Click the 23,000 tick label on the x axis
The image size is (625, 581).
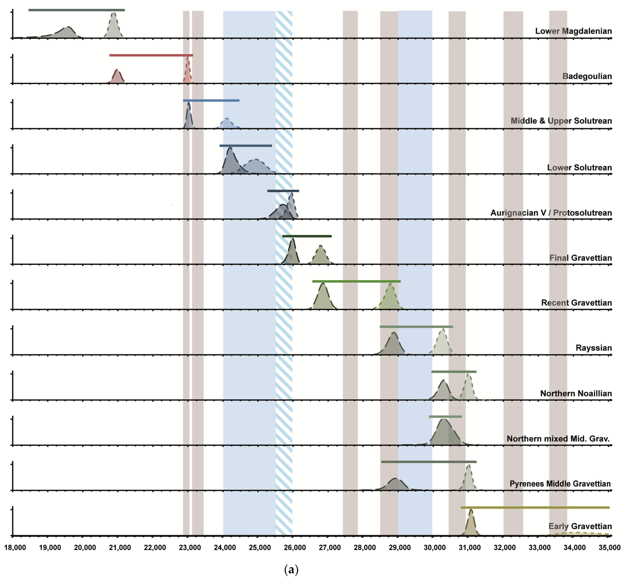[190, 547]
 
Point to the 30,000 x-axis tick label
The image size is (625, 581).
[434, 547]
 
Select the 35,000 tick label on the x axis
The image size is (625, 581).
[609, 547]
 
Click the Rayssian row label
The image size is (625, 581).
[594, 348]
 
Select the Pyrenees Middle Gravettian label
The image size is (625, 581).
[560, 484]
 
